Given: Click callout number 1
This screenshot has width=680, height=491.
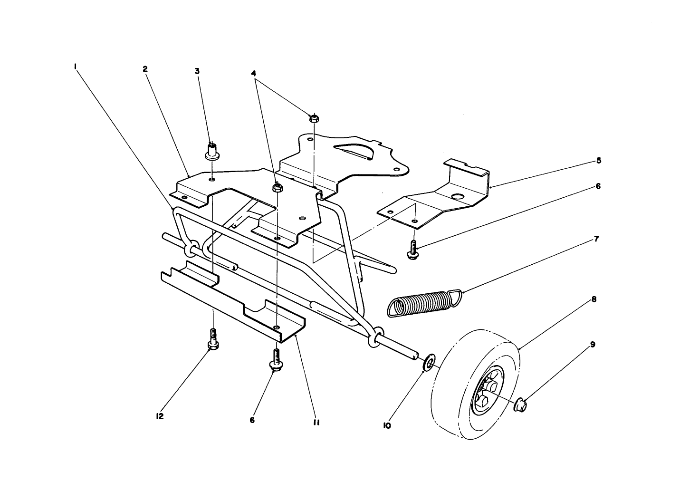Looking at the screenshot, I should click(x=75, y=67).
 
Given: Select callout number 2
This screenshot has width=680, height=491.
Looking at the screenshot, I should click(x=145, y=69).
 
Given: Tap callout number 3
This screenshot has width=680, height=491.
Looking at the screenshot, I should click(x=197, y=71).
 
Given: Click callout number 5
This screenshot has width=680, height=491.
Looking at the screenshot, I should click(x=599, y=161).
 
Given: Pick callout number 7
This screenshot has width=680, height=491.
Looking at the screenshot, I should click(x=596, y=238).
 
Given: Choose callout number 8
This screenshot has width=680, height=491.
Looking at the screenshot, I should click(x=594, y=300).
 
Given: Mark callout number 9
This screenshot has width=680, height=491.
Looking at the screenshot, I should click(x=593, y=344).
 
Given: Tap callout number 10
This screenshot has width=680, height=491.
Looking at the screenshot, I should click(x=387, y=426).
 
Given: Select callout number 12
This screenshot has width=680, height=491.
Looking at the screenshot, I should click(x=159, y=416).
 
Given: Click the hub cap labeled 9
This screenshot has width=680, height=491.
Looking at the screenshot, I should click(x=521, y=404).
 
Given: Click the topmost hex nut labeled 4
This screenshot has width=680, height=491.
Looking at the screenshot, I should click(x=314, y=117).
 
